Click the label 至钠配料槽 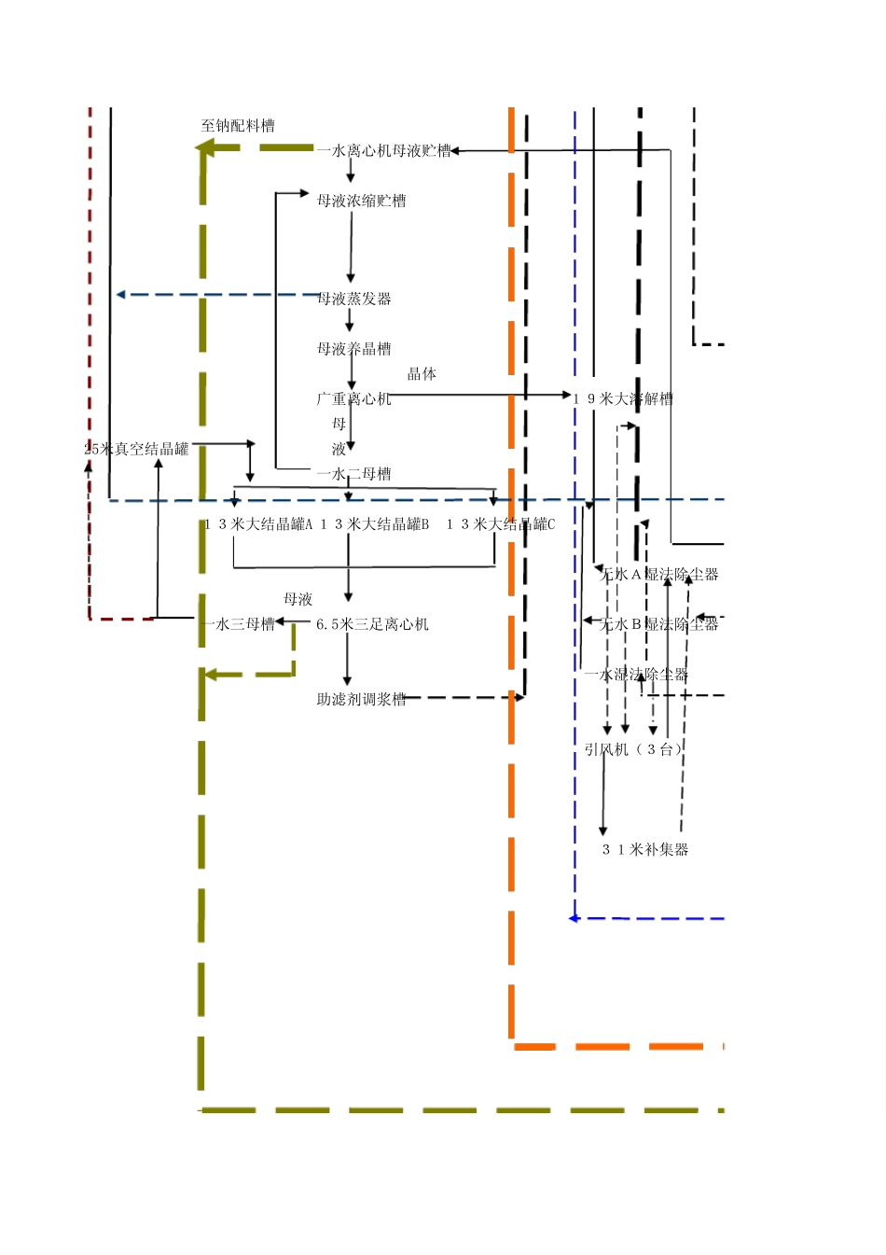coord(238,126)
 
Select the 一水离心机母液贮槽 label coord(383,150)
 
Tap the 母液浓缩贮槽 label coord(361,201)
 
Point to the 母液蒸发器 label coord(353,299)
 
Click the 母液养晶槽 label coord(353,349)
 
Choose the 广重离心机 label coord(353,399)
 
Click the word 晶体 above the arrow coord(422,374)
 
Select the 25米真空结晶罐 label coord(136,450)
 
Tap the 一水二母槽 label coord(353,474)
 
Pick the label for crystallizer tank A coord(258,524)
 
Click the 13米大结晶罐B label coord(375,524)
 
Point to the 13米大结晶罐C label coord(500,524)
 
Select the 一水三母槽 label coord(238,624)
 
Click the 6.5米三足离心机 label coord(372,624)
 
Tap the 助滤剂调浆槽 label coord(361,699)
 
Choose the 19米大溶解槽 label coord(623,399)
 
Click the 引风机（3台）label coord(633,749)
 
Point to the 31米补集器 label coord(645,849)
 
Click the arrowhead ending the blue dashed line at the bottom coord(574,918)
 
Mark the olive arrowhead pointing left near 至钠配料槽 coord(203,147)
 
